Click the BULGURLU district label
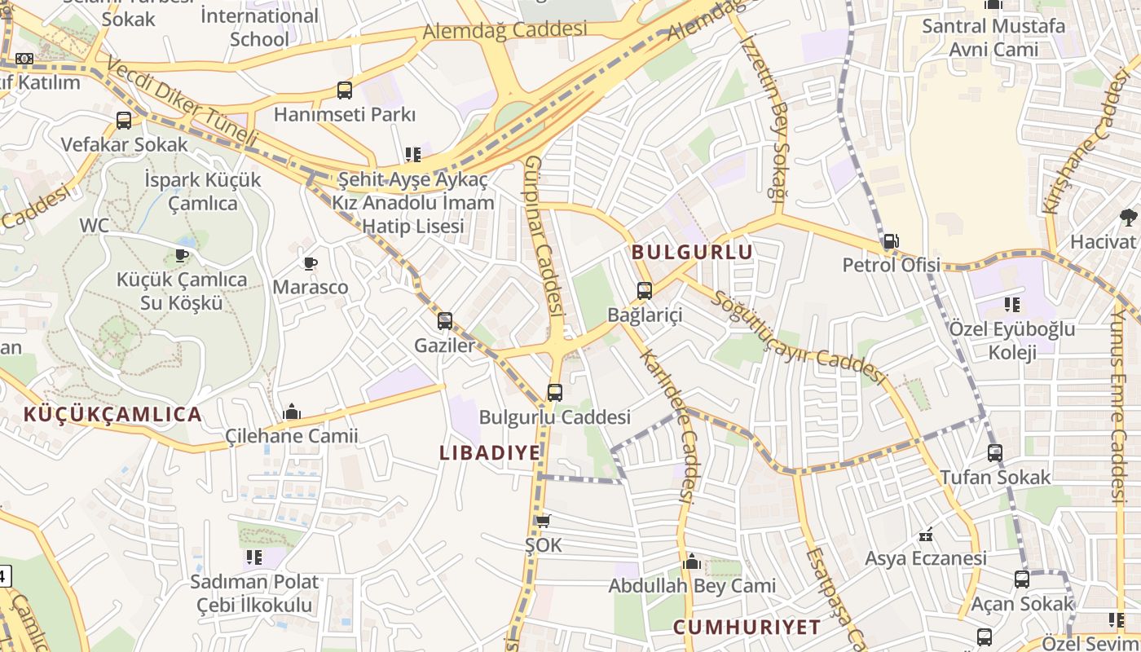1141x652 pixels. click(x=692, y=253)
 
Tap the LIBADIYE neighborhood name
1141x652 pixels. click(x=490, y=453)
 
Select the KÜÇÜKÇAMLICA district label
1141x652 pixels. click(x=112, y=414)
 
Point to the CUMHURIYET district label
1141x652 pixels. click(x=747, y=628)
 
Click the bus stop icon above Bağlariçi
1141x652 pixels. click(x=644, y=290)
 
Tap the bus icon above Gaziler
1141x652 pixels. click(x=444, y=321)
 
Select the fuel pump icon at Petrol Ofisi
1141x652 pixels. click(x=891, y=241)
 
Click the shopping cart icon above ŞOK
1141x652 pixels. click(x=543, y=521)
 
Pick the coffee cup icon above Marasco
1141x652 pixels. click(x=310, y=263)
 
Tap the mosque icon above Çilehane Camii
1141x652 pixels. click(x=291, y=412)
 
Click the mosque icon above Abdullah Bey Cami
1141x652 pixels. click(x=692, y=562)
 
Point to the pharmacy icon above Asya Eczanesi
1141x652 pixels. click(x=925, y=535)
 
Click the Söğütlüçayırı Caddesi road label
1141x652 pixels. click(x=798, y=337)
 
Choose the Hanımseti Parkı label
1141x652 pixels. click(x=345, y=115)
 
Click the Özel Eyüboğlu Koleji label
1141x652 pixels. click(x=1011, y=341)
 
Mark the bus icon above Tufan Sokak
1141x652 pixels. click(x=994, y=453)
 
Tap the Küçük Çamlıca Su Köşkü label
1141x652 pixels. click(x=182, y=291)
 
